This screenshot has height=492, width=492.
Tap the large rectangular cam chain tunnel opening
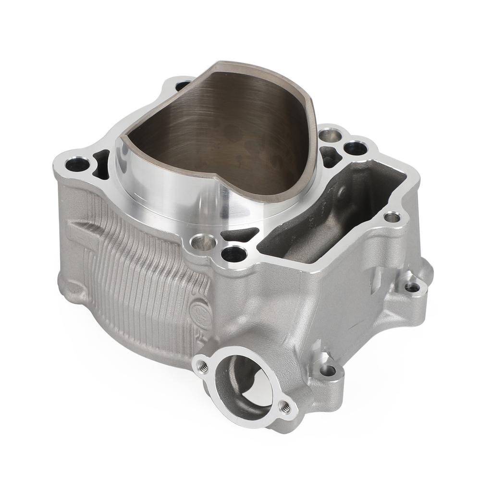click(x=332, y=211)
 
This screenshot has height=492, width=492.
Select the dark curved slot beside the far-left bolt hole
click(x=102, y=163)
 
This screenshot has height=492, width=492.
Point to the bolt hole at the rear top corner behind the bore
click(x=183, y=86)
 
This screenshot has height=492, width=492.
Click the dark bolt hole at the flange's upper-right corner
click(x=356, y=148)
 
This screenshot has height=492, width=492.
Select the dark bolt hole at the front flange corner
click(x=234, y=253)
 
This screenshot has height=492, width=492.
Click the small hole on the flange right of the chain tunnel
click(x=392, y=217)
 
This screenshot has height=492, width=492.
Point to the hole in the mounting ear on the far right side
click(x=412, y=287)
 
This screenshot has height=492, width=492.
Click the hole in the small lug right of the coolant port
click(x=328, y=370)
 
